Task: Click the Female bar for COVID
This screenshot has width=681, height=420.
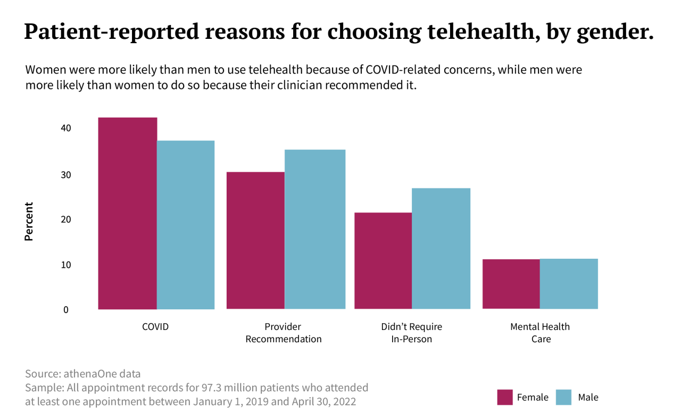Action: coord(128,213)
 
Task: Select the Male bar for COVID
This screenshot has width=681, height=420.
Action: coord(186,225)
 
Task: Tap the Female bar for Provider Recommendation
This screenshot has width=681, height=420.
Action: coord(255,240)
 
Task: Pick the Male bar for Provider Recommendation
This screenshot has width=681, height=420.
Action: coord(315,229)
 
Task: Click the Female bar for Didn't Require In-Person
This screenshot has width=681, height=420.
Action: coord(383,261)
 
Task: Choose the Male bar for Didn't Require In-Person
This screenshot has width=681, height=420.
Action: coord(441,248)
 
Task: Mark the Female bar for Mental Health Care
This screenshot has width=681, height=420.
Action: coord(511,284)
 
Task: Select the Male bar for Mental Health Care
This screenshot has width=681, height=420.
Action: coord(569,284)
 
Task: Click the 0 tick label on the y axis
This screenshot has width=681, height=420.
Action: coord(66,310)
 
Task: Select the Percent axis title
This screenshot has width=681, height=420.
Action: coord(29,221)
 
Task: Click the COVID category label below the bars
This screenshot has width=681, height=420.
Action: coord(155,327)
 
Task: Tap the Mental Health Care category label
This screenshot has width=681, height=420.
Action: coord(540,333)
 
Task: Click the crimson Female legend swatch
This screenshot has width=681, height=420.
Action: coord(504,397)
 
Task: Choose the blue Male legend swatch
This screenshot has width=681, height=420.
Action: coord(563,397)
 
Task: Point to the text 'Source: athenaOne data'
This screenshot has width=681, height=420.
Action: coord(83,374)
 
